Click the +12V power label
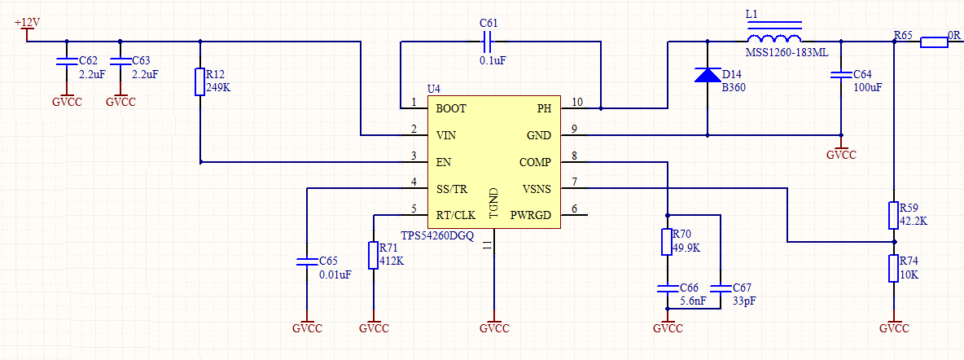click(27, 22)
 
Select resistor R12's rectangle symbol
click(199, 81)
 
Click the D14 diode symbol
click(707, 74)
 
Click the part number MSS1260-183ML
click(787, 53)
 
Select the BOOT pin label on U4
click(450, 109)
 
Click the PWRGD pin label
click(531, 215)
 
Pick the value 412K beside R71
click(392, 261)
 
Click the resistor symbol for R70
click(667, 242)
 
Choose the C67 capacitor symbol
click(720, 288)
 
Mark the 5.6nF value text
click(693, 301)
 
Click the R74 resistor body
click(894, 269)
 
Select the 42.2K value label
click(913, 220)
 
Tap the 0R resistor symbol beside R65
click(934, 42)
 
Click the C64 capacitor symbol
click(841, 74)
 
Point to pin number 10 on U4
click(576, 102)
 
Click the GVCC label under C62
click(67, 102)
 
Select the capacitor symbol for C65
click(305, 261)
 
